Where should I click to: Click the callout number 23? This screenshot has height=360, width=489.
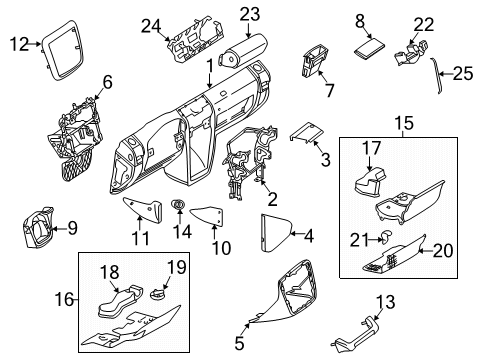250,14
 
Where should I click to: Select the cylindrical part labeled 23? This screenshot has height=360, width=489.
243,52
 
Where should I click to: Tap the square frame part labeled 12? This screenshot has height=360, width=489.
62,50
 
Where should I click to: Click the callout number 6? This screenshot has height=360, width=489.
107,82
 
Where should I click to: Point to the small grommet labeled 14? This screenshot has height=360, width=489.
179,204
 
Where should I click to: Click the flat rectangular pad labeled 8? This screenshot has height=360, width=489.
369,49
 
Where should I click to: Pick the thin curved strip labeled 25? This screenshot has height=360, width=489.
437,75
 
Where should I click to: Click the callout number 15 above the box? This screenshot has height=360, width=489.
405,123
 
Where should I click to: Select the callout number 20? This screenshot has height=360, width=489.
443,251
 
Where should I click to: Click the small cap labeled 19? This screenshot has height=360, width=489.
159,294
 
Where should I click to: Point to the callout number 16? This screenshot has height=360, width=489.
64,299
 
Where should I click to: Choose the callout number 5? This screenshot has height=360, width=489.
239,343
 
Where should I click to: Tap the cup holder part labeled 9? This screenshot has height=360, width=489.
37,228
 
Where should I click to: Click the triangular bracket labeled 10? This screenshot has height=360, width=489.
207,216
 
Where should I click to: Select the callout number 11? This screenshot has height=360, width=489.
141,238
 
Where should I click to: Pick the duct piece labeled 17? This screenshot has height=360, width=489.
369,181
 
